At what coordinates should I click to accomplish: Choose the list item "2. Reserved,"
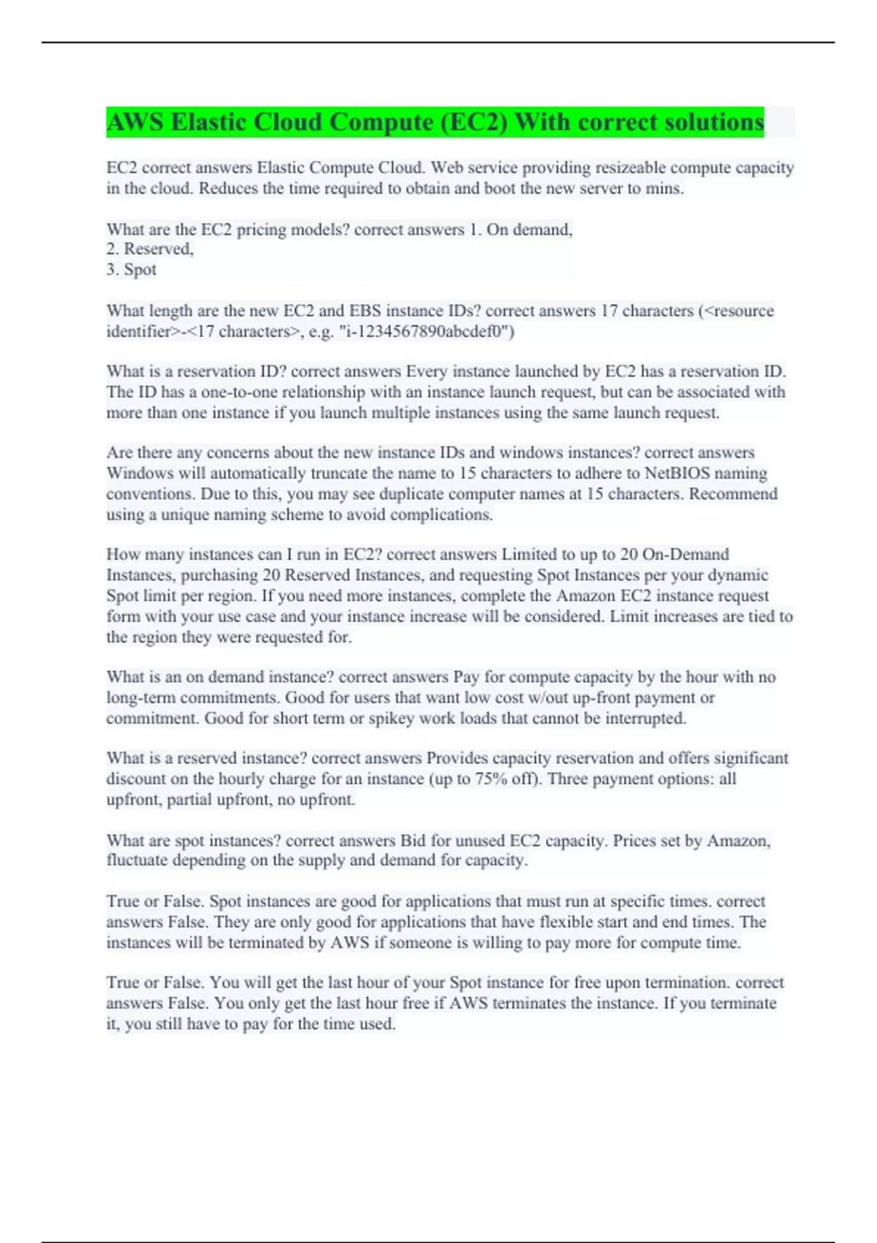coord(150,249)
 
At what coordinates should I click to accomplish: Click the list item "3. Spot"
coord(132,270)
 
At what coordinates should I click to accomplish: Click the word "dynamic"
coord(739,575)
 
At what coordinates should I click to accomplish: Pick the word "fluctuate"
coord(137,861)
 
